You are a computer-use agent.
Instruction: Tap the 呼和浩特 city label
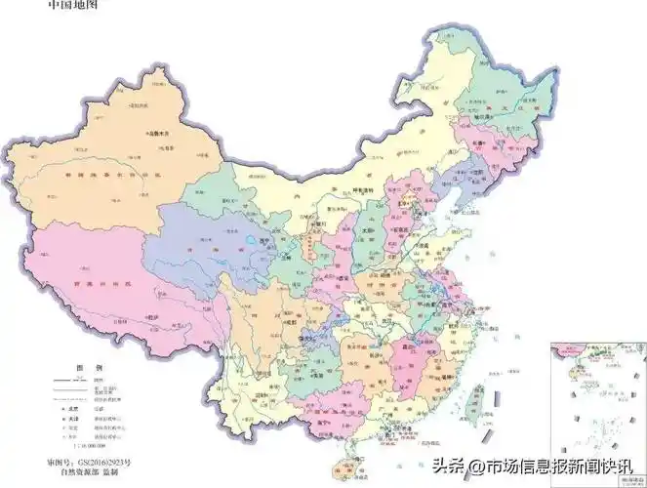click(363, 189)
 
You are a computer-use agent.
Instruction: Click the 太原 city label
click(368, 231)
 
